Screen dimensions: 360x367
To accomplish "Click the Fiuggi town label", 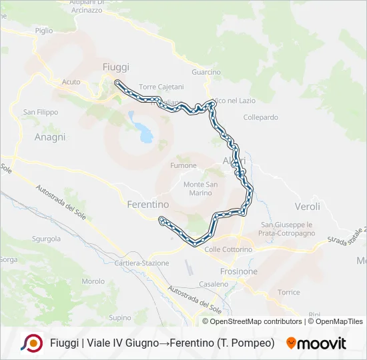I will point(116,67).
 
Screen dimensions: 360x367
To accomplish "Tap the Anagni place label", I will point(50,137).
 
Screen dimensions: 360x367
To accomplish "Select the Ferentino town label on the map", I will point(147,205).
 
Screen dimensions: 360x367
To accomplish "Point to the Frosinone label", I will point(238,272).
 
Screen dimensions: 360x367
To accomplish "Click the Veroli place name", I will point(307,207).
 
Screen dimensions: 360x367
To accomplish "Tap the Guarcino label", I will point(206,72).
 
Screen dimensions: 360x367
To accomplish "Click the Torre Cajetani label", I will point(161,87).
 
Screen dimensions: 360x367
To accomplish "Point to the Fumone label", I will point(183,165).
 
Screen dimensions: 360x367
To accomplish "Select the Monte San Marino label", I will point(201,189).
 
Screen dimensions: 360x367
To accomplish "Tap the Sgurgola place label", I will point(47,238).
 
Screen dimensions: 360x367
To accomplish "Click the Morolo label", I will point(93,281).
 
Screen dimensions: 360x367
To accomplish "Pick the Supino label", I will point(120,318).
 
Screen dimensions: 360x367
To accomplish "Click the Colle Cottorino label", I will point(228,249).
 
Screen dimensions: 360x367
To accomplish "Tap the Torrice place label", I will point(288,293).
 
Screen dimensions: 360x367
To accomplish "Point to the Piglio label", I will point(44,31).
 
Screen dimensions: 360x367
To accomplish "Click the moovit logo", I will point(316,343).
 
